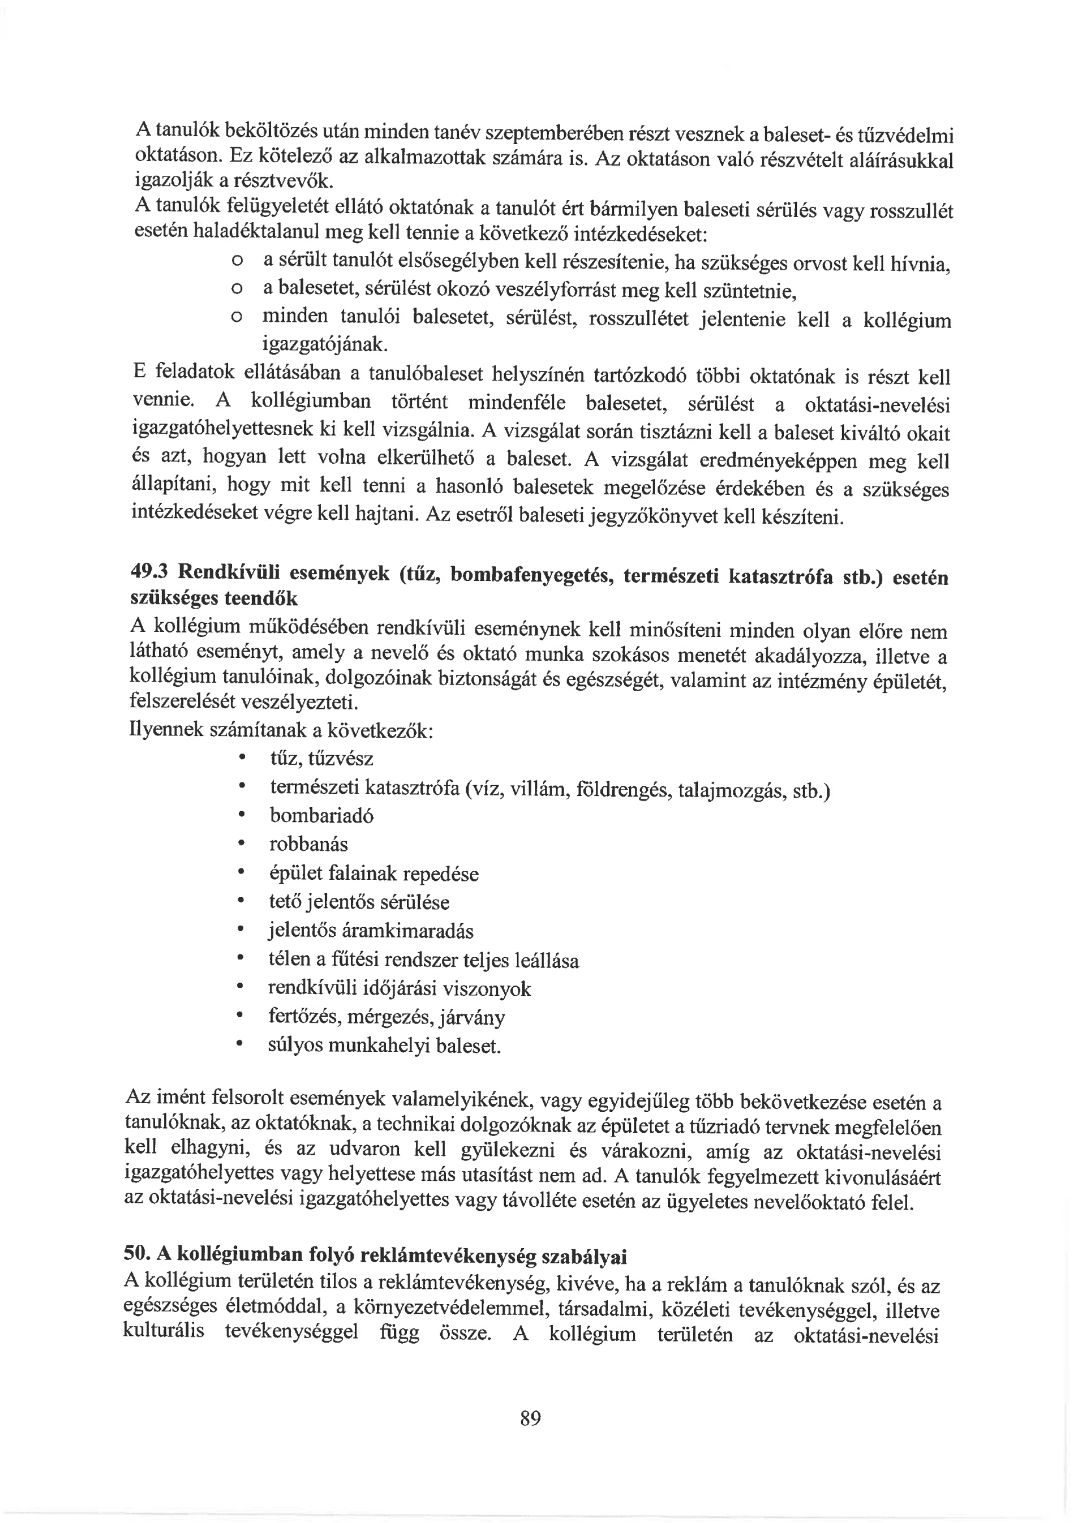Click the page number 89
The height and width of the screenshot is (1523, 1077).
point(531,1419)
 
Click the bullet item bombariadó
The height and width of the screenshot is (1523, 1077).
point(321,815)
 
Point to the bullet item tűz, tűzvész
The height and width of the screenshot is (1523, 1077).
point(322,758)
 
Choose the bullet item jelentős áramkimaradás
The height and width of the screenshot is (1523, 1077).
point(371,932)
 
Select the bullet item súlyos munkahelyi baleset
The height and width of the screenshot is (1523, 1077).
point(384,1046)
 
